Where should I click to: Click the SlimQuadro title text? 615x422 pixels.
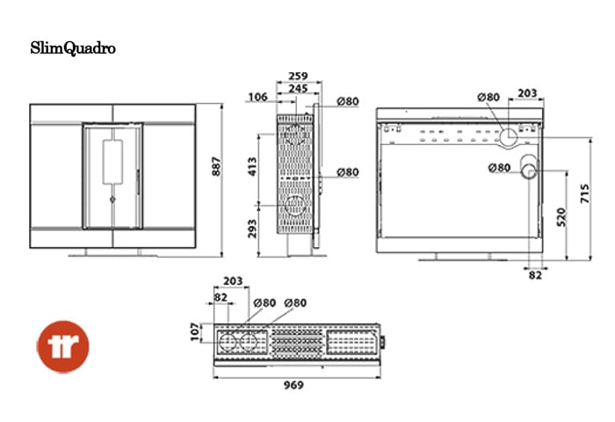(x=73, y=48)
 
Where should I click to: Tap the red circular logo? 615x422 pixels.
(x=63, y=346)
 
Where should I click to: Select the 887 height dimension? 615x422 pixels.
(x=216, y=166)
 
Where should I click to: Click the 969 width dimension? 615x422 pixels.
(x=293, y=385)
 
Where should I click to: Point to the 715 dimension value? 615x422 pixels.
(x=585, y=193)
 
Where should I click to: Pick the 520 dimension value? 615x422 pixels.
(x=561, y=217)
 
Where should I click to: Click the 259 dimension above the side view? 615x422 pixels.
(x=298, y=76)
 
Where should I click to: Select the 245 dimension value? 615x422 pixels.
(x=298, y=88)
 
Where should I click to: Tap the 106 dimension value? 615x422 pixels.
(x=258, y=97)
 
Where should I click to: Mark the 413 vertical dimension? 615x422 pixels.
(x=252, y=166)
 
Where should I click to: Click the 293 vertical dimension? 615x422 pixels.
(x=252, y=229)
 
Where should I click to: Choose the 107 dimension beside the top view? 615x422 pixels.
(x=195, y=331)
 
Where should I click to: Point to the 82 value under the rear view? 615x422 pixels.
(x=535, y=275)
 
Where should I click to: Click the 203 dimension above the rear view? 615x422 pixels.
(x=527, y=93)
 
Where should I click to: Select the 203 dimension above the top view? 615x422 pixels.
(x=233, y=281)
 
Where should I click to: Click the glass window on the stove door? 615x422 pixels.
(x=112, y=162)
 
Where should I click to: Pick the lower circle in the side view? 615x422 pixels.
(x=295, y=206)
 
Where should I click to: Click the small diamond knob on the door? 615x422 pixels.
(x=112, y=200)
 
